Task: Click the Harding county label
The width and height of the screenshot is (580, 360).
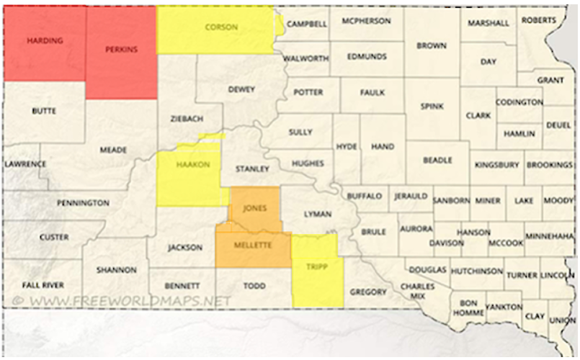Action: tap(45, 40)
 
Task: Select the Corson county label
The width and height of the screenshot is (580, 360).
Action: tap(221, 27)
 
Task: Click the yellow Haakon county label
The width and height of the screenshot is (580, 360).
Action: tap(192, 165)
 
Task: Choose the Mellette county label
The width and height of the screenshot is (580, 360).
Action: tap(252, 246)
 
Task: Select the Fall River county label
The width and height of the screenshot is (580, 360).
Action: tap(43, 285)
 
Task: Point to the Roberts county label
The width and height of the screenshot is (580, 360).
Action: tap(539, 19)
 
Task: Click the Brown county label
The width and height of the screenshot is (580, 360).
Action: tap(431, 45)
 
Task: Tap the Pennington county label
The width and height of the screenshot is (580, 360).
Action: tap(83, 203)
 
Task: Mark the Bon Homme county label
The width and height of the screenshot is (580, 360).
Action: tap(469, 308)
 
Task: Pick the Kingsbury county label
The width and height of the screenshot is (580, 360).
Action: tap(496, 165)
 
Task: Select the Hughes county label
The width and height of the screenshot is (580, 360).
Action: tap(307, 163)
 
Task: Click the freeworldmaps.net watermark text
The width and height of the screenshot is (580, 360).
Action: tap(122, 300)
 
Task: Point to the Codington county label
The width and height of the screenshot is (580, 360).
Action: tap(519, 102)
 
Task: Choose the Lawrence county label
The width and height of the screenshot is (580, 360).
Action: tap(26, 164)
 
